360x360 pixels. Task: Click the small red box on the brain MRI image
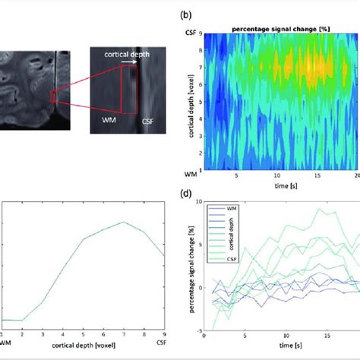point(54,96)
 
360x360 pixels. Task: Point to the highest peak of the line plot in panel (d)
point(325,210)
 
